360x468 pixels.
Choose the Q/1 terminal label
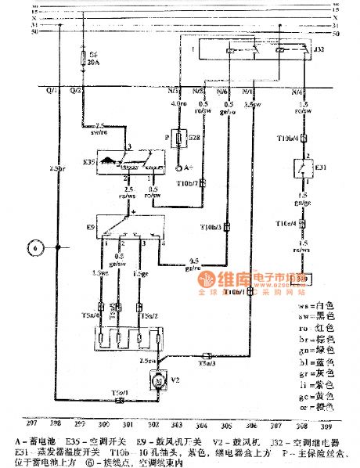click(x=52, y=92)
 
